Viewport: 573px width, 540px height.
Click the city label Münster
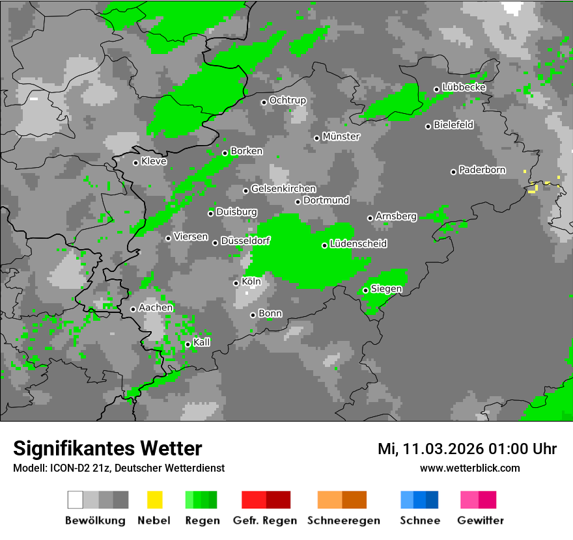341,137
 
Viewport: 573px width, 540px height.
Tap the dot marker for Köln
236,283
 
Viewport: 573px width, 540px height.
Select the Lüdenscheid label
358,244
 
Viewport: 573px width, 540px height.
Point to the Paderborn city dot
453,172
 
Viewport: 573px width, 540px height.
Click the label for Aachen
156,308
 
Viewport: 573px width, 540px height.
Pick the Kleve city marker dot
135,163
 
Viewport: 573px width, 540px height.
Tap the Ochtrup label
287,101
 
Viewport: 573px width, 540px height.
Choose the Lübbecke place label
464,87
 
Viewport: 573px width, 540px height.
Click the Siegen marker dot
365,290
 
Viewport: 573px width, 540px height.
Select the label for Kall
201,342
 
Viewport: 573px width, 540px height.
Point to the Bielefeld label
453,125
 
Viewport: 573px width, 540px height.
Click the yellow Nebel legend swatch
154,500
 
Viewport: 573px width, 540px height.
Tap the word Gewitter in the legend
481,520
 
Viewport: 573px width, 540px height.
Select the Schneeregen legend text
344,520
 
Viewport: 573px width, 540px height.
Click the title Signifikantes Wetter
107,449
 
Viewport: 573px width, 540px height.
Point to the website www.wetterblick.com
469,468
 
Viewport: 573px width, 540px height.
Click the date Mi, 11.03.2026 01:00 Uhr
467,449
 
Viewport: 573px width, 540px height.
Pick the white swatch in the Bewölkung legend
75,500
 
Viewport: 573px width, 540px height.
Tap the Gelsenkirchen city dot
245,191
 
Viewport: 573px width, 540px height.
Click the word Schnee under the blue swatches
419,520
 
